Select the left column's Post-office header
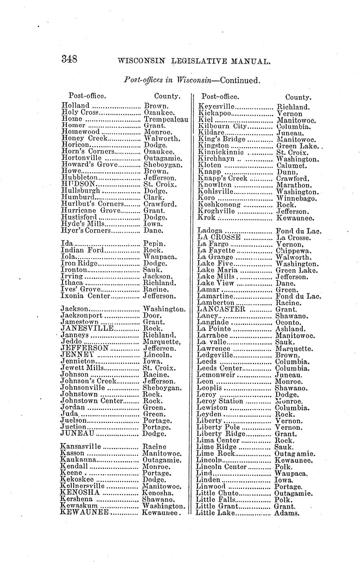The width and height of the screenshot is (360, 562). (x=87, y=96)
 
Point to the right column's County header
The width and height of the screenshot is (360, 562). (x=298, y=97)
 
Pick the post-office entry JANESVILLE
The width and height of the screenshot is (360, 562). (x=87, y=328)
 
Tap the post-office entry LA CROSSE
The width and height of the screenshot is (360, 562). (x=219, y=237)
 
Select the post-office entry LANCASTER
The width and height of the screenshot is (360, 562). (x=221, y=309)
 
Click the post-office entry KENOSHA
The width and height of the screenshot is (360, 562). (x=79, y=492)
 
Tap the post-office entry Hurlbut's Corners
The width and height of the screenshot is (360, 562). (x=92, y=204)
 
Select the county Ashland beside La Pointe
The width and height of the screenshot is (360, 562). (x=290, y=329)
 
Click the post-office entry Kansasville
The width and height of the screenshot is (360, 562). (x=80, y=447)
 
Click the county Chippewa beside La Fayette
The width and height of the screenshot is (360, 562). (x=294, y=250)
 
